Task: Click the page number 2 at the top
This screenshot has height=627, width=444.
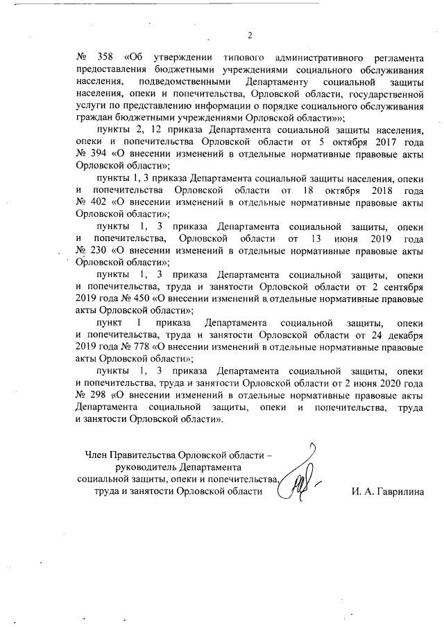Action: click(x=250, y=36)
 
